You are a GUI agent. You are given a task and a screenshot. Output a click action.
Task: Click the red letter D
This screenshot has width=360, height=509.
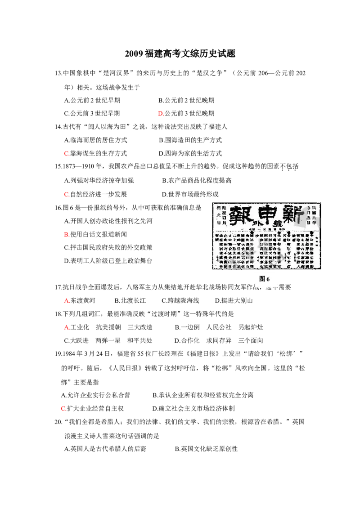(161, 114)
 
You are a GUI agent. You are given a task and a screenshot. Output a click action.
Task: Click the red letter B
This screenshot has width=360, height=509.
(66, 235)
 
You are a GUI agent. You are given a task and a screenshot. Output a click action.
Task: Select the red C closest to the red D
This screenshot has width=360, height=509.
(66, 154)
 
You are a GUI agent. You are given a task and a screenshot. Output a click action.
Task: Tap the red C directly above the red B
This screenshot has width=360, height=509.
(66, 194)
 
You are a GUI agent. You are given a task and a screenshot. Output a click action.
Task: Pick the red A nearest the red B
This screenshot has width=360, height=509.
(67, 300)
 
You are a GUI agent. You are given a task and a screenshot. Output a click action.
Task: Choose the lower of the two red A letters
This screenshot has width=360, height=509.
(67, 327)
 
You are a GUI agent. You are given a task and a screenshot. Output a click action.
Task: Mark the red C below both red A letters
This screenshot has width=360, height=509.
(63, 408)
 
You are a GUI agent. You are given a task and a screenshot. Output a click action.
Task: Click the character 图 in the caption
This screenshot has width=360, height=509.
(261, 279)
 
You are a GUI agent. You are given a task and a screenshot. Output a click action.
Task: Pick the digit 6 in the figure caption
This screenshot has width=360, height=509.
(268, 279)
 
